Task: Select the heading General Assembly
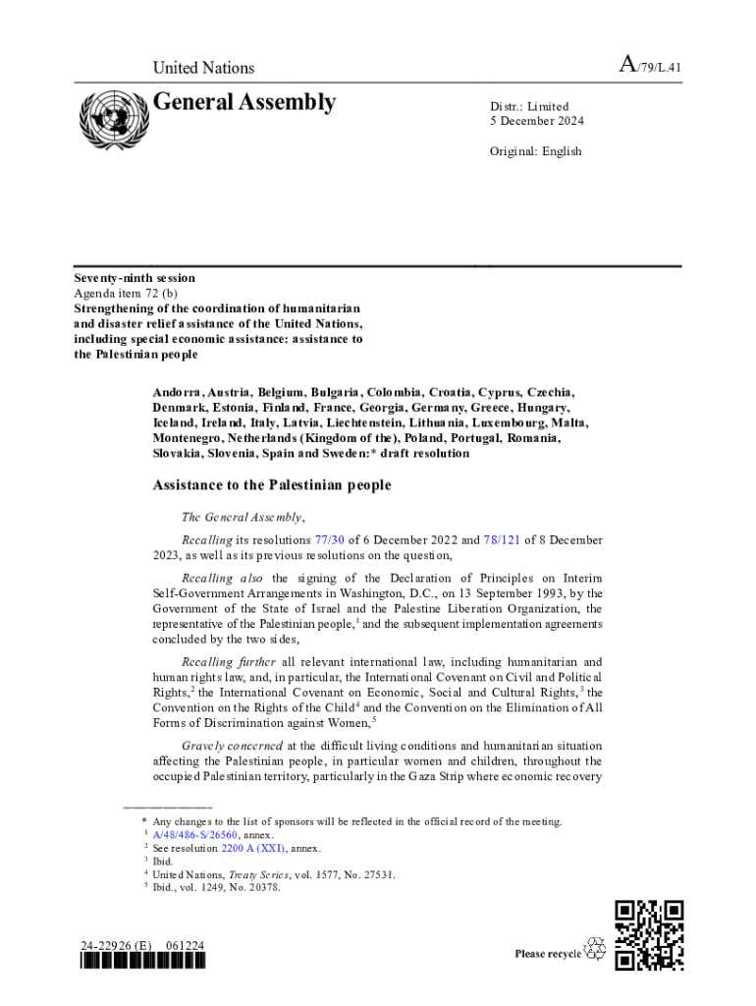(244, 102)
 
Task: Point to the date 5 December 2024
(537, 122)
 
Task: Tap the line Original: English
(536, 151)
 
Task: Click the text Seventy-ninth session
(135, 278)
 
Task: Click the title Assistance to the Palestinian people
(271, 485)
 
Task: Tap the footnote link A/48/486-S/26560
(195, 834)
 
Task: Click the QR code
(648, 934)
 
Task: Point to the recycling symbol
(595, 949)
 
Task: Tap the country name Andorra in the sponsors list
(179, 391)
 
